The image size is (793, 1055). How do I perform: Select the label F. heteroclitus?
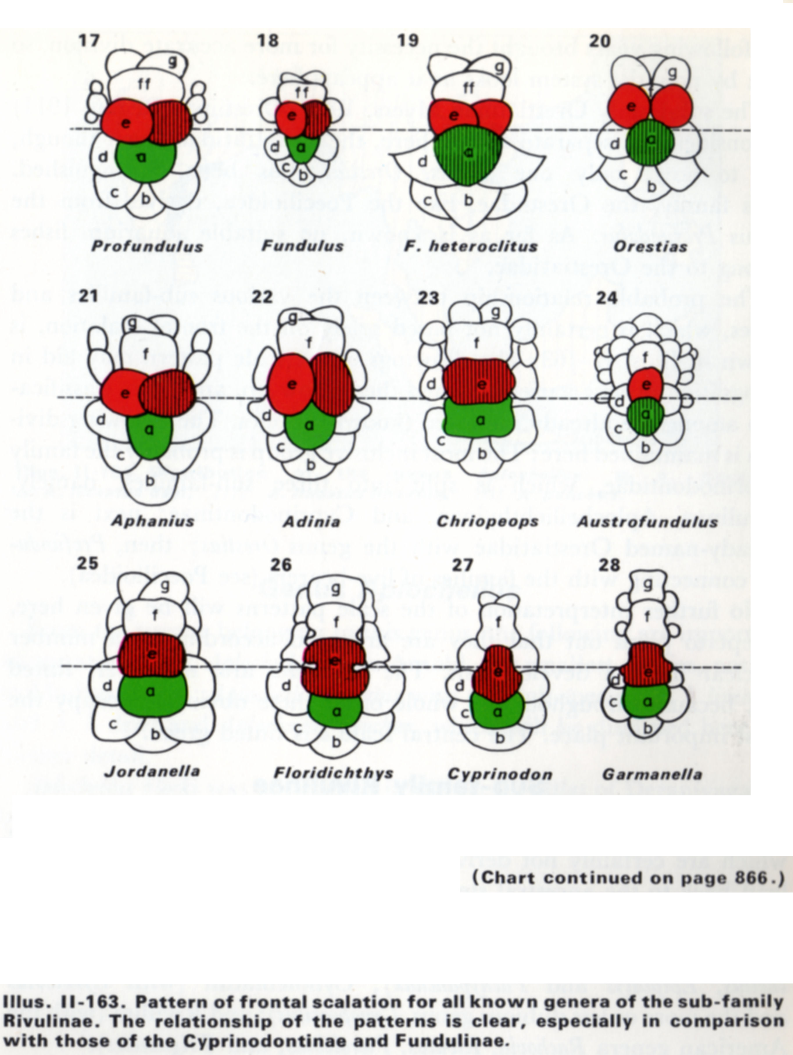click(x=471, y=246)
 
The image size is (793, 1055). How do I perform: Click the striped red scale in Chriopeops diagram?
click(x=479, y=381)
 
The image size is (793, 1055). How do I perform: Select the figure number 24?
click(x=607, y=298)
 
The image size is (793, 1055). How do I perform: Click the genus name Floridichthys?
click(x=333, y=773)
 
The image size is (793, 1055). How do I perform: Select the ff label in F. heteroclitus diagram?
click(x=469, y=88)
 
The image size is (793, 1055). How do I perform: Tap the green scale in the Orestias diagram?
click(x=650, y=142)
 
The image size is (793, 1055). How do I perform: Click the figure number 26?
click(x=281, y=565)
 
